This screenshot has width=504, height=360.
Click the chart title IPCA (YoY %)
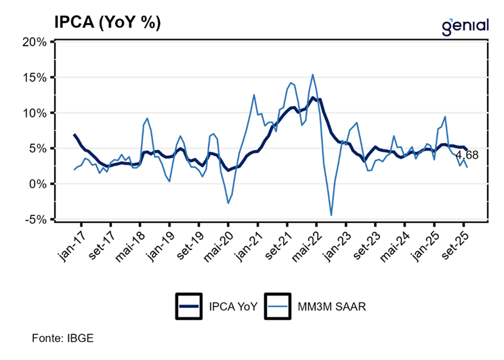(108, 22)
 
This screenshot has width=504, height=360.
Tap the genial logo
(465, 26)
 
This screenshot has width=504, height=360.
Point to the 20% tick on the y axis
(33, 41)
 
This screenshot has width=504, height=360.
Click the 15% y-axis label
(33, 77)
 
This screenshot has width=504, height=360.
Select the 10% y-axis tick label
(33, 113)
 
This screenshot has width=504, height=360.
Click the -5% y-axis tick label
(35, 220)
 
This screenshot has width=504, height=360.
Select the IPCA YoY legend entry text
(230, 306)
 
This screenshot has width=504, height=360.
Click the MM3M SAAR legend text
(331, 306)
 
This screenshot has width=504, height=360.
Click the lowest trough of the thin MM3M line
(331, 216)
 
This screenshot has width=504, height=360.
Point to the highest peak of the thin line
(312, 75)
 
